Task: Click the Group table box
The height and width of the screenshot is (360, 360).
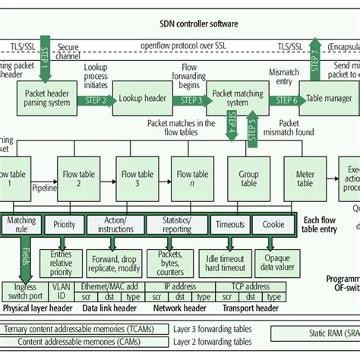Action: [x=248, y=178]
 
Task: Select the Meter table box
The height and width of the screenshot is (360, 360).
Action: [x=305, y=178]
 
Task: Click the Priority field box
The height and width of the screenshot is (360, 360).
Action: [x=65, y=225]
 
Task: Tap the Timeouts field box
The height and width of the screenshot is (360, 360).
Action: [x=229, y=225]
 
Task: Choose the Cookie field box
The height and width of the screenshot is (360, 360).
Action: [x=273, y=225]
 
